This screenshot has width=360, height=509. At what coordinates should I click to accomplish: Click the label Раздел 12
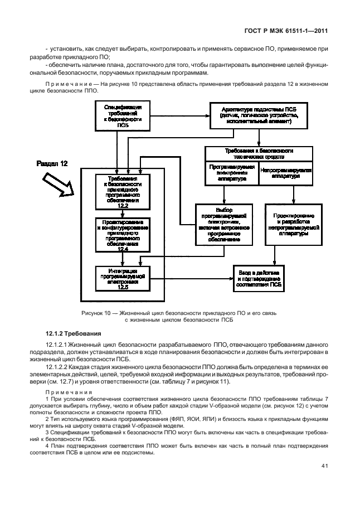[52, 164]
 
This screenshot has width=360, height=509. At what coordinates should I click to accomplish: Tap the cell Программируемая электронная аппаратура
[232, 172]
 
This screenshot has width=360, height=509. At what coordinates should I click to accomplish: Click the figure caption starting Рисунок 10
[176, 317]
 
